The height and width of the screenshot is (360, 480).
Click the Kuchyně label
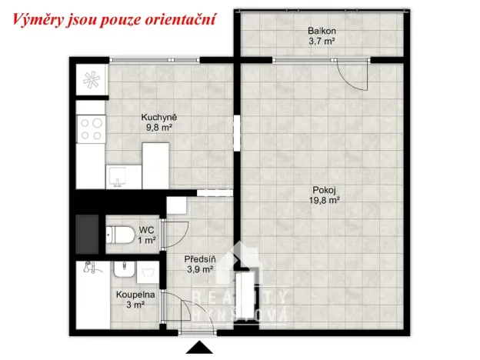click(155, 118)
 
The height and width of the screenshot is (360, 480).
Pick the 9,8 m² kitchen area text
click(155, 128)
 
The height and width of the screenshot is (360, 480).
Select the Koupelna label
click(135, 295)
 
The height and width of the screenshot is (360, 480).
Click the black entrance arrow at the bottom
click(201, 348)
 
